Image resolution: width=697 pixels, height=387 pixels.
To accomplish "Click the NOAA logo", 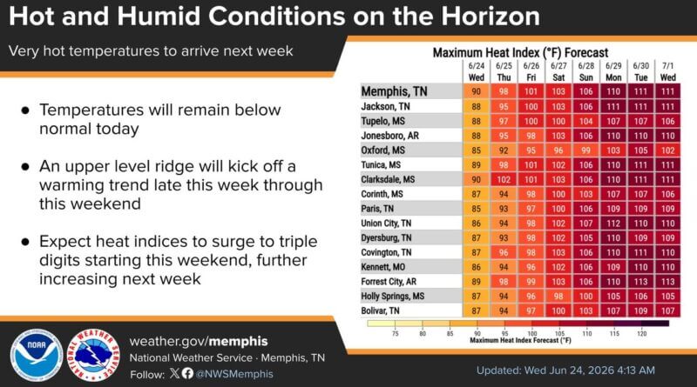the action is pyautogui.click(x=37, y=355).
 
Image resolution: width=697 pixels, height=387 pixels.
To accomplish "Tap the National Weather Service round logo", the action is pyautogui.click(x=93, y=355).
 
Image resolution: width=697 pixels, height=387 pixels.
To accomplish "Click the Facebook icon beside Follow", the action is pyautogui.click(x=187, y=373).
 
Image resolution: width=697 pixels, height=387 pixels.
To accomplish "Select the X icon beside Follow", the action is pyautogui.click(x=174, y=373).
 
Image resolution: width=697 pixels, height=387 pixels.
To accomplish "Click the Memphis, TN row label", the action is pyautogui.click(x=394, y=91).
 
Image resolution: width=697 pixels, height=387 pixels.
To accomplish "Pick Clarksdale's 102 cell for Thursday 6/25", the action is pyautogui.click(x=504, y=179).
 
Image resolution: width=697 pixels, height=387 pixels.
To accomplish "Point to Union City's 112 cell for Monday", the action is pyautogui.click(x=613, y=224).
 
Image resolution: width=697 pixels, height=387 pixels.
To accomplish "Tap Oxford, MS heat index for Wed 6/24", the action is pyautogui.click(x=476, y=150).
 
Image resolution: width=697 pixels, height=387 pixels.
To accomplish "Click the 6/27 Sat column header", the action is pyautogui.click(x=558, y=71).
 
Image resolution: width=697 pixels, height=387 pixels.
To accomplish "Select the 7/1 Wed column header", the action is pyautogui.click(x=668, y=71).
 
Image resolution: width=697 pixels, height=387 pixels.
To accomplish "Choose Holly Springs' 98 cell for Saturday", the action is pyautogui.click(x=558, y=296).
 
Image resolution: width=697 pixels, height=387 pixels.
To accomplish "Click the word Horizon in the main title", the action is pyautogui.click(x=491, y=16).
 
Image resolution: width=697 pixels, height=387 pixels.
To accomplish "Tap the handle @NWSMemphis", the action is pyautogui.click(x=234, y=374).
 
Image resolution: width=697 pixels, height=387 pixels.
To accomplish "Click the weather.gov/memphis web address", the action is pyautogui.click(x=199, y=341).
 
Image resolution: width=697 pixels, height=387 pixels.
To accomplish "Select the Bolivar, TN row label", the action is pyautogui.click(x=380, y=310).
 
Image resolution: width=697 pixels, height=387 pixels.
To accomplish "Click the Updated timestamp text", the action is pyautogui.click(x=565, y=370).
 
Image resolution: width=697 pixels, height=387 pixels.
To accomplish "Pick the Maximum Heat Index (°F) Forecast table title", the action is pyautogui.click(x=520, y=52).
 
